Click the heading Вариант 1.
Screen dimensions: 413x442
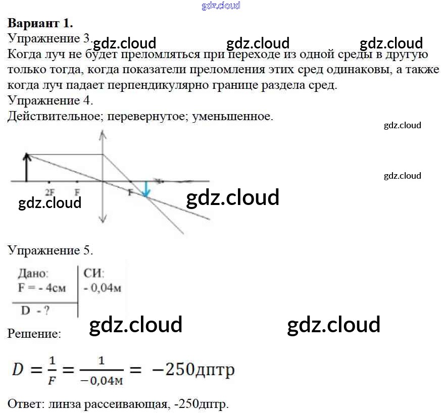click(40, 23)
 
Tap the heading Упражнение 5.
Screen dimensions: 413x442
click(51, 250)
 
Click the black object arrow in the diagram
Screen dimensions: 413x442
click(27, 167)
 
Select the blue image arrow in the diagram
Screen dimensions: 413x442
click(146, 189)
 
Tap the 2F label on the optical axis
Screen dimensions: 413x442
click(50, 191)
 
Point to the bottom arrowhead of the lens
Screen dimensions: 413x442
click(103, 219)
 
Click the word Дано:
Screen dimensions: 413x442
click(33, 274)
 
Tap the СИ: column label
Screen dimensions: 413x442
click(93, 274)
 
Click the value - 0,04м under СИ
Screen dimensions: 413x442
click(102, 289)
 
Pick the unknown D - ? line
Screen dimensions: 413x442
click(35, 311)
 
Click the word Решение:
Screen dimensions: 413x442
click(34, 334)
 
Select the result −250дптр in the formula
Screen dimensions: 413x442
click(193, 370)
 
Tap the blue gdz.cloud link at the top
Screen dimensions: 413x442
click(221, 6)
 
